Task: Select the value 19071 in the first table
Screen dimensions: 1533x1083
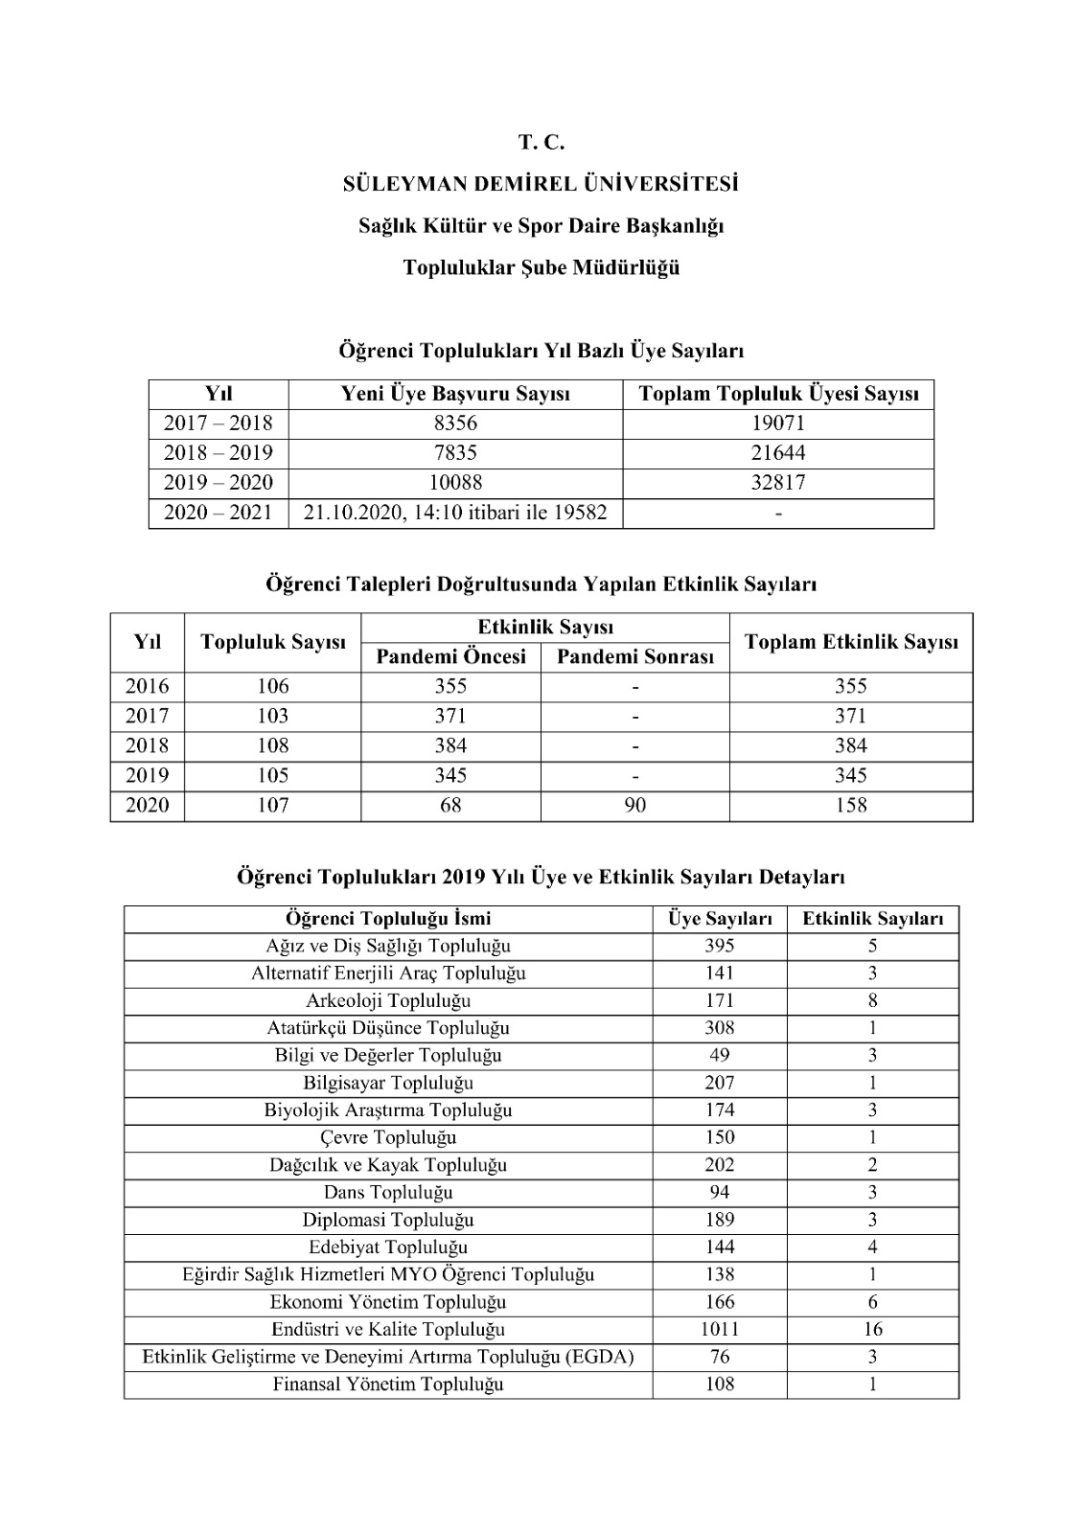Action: coord(777,423)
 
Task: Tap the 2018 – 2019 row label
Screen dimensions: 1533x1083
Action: coord(219,453)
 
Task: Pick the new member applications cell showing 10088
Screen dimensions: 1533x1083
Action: coord(455,483)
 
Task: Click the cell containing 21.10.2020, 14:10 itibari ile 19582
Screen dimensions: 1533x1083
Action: coord(455,513)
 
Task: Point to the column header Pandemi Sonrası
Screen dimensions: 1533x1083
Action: coord(634,657)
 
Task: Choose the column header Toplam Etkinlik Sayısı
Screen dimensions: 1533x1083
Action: coord(850,643)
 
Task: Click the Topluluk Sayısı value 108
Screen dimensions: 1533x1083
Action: coord(272,746)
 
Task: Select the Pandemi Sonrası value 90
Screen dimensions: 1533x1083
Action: coord(634,806)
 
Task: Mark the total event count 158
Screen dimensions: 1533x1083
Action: coord(850,806)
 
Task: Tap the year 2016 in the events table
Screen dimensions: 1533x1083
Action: coord(147,687)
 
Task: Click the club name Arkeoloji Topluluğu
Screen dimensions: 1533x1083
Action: coord(388,1001)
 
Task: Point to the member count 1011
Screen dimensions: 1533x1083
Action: coord(719,1330)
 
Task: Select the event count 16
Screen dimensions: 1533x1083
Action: coord(872,1330)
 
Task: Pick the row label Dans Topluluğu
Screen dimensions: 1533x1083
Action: coord(388,1193)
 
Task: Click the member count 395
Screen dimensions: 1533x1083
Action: coord(719,947)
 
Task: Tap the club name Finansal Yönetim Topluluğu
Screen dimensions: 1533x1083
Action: coord(388,1384)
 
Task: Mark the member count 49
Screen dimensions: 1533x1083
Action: coord(719,1056)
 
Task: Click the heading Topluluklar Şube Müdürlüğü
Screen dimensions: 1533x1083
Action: coord(541,267)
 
